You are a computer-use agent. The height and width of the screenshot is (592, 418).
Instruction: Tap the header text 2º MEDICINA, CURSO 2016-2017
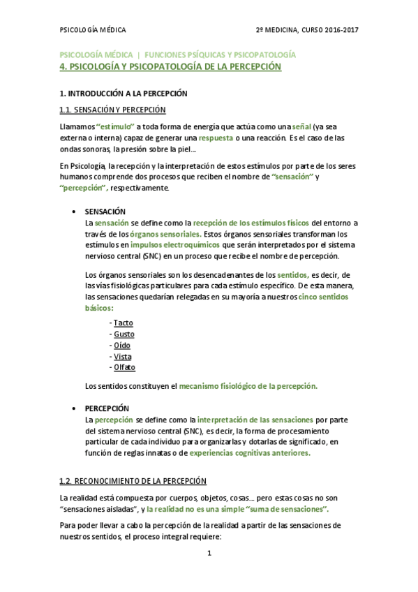click(308, 30)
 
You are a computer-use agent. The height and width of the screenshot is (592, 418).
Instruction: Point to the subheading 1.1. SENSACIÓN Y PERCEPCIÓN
click(112, 110)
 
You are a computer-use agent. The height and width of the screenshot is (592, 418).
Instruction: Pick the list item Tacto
click(123, 323)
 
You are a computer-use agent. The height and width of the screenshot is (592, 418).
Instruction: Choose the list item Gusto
click(124, 334)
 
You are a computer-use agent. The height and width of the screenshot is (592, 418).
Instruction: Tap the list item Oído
click(122, 345)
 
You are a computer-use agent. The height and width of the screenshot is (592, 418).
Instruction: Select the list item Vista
click(122, 356)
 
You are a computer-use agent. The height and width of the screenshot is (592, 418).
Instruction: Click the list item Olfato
click(124, 367)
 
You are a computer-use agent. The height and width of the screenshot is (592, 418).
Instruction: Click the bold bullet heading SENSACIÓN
click(105, 211)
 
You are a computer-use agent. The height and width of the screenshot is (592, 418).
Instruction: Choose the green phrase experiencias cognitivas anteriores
click(250, 452)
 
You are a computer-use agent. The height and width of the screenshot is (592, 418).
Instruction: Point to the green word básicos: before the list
click(99, 307)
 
